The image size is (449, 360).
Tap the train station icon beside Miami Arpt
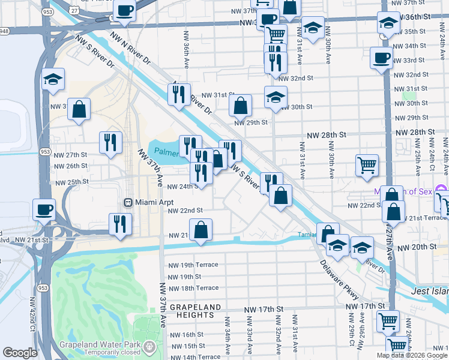pos(128,202)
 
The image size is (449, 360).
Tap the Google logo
pos(20,353)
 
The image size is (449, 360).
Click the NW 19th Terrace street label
pos(193,265)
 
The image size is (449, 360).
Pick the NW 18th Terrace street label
pos(193,288)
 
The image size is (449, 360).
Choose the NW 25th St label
pos(72,181)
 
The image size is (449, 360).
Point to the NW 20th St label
pos(415,247)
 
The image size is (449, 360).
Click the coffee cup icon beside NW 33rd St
pos(382,59)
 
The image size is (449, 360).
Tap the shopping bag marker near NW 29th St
pos(240,106)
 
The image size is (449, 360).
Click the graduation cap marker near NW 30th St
pos(276,98)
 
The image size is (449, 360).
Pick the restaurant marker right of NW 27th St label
pos(110,142)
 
